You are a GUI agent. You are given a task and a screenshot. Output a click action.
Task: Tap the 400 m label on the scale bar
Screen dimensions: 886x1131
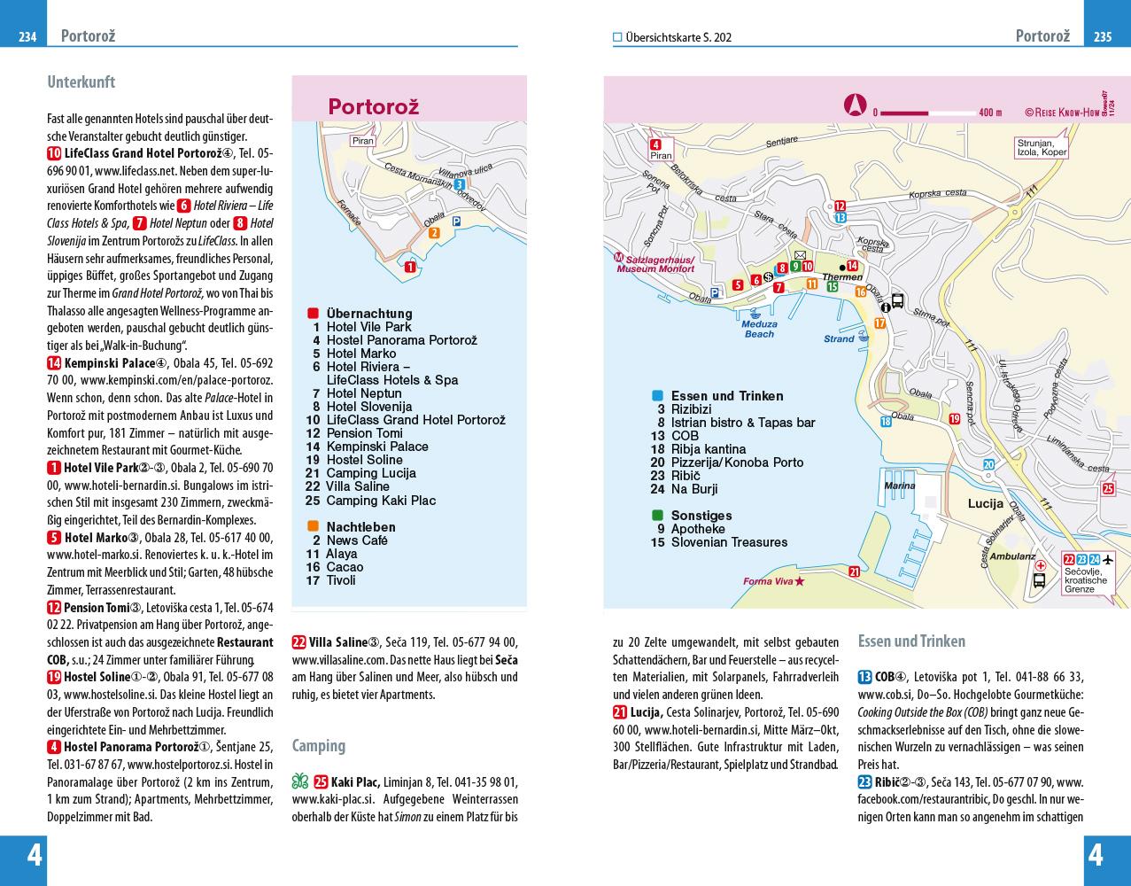pos(990,113)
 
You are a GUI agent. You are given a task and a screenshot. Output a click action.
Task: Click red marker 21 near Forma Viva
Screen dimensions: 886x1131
pos(854,571)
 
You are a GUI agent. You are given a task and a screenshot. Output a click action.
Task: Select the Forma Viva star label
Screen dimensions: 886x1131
pos(773,581)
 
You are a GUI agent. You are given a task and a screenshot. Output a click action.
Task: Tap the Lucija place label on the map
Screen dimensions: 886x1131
pos(985,503)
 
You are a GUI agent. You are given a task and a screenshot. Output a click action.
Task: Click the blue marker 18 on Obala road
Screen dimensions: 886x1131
pos(886,422)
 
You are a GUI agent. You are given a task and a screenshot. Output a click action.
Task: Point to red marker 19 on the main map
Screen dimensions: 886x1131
pos(954,419)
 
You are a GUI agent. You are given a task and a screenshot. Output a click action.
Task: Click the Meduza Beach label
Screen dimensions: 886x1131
pos(759,329)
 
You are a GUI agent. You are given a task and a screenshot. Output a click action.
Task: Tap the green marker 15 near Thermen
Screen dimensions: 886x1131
pos(831,286)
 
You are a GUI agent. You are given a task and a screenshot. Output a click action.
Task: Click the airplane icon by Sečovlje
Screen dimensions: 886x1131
pos(1108,559)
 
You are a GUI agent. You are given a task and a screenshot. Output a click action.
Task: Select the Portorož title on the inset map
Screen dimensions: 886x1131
pos(373,106)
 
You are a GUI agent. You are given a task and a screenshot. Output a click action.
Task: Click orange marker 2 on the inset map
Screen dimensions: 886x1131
pos(433,233)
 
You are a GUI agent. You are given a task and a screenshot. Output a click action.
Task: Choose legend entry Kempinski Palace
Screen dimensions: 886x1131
pos(376,447)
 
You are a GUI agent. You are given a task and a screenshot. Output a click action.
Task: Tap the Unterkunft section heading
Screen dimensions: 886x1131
pos(81,82)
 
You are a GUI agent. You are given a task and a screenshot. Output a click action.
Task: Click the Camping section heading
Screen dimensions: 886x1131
pos(318,745)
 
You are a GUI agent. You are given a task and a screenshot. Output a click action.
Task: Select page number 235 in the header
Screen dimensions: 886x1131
pos(1103,36)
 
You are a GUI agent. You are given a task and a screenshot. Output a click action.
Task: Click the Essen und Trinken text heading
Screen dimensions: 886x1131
pos(911,641)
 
